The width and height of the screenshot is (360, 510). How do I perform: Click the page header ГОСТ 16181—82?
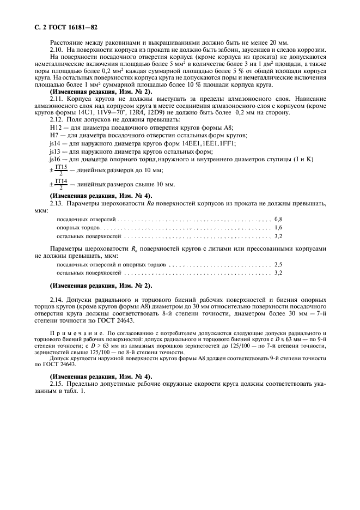point(65,27)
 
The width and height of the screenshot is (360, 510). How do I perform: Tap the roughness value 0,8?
point(278,218)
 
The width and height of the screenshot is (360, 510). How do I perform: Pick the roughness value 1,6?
point(278,227)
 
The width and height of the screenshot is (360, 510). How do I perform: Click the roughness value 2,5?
point(278,264)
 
